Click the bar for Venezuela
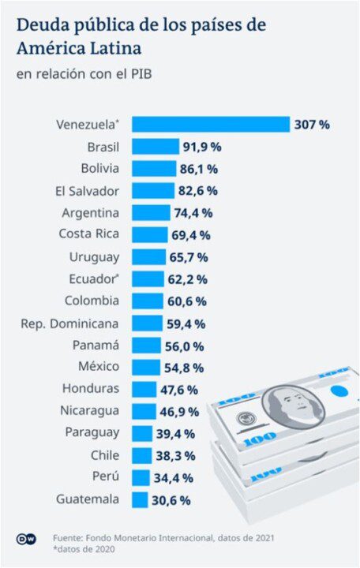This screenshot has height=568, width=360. (x=211, y=125)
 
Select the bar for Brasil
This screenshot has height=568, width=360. (x=156, y=147)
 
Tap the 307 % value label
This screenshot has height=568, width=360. (x=312, y=125)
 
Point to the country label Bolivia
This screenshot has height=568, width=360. (x=99, y=168)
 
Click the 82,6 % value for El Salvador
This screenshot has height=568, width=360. (x=197, y=191)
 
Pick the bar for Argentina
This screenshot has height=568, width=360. (x=151, y=213)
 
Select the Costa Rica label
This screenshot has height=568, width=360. (x=89, y=234)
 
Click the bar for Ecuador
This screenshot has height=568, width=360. (x=148, y=278)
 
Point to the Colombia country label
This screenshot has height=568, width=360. (x=92, y=301)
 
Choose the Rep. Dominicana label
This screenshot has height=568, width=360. (x=70, y=323)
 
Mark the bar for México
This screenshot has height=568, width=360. (x=145, y=368)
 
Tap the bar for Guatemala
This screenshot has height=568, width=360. (x=140, y=499)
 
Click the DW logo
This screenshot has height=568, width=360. (x=24, y=539)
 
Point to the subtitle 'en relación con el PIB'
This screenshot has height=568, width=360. (x=82, y=73)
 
